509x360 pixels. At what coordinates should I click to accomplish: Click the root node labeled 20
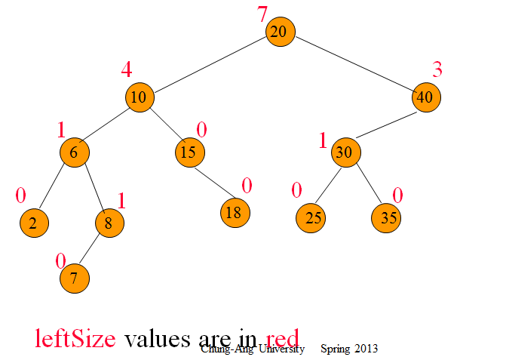280,32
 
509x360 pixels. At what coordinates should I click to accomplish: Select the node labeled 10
140,97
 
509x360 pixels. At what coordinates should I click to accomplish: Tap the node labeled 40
427,97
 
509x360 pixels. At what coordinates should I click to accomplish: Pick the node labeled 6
75,152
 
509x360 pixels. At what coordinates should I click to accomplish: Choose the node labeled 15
189,152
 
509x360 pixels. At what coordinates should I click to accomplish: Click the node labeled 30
345,152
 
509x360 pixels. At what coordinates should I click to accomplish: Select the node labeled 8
109,223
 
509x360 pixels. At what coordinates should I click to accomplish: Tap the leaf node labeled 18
235,212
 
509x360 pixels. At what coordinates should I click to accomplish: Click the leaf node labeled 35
387,218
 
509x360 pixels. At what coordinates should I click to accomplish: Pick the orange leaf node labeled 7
75,278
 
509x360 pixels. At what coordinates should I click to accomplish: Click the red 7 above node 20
262,14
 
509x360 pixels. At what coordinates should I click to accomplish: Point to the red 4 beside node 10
126,69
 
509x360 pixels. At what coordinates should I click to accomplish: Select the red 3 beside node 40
437,69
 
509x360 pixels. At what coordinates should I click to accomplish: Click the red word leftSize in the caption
75,338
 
